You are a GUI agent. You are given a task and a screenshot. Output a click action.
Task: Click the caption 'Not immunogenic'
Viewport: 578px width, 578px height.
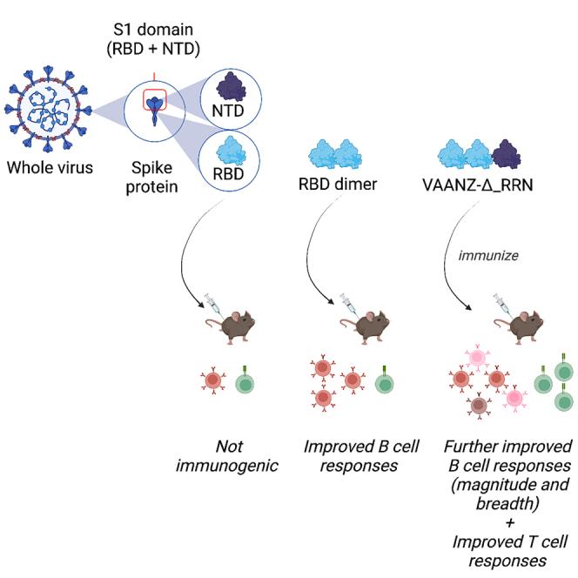227,457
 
